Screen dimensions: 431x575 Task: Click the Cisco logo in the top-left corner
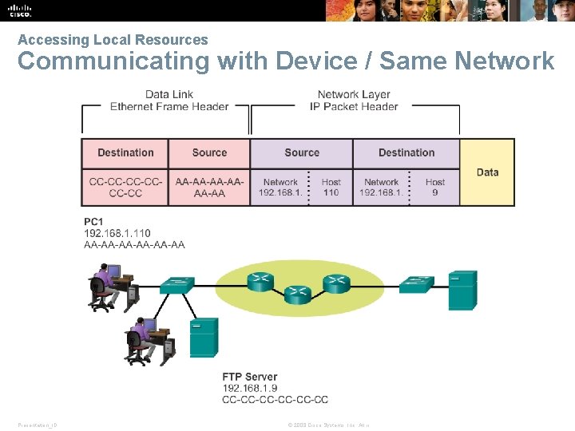pos(20,10)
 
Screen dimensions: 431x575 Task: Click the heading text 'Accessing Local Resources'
pos(113,40)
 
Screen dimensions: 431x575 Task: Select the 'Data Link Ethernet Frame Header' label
pos(169,101)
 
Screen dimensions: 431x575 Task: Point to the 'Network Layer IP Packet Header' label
pos(354,101)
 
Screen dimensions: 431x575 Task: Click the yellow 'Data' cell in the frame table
pos(487,172)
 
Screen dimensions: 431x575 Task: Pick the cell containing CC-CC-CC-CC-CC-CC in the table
pos(125,188)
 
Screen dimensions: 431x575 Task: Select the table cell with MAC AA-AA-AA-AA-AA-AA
pos(209,188)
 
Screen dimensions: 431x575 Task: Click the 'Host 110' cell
pos(331,188)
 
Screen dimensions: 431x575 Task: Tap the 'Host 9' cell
pos(435,188)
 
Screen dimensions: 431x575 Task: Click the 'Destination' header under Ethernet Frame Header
pos(125,152)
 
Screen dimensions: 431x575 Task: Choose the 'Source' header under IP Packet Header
pos(302,152)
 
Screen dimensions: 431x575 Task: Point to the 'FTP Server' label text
pos(250,377)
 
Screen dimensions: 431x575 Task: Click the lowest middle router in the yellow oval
pos(297,295)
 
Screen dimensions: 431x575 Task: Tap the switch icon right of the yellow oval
pos(416,283)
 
